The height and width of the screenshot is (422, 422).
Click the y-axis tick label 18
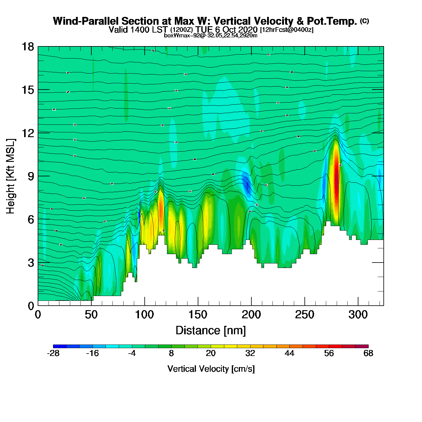coord(27,47)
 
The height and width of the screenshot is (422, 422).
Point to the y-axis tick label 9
coord(31,176)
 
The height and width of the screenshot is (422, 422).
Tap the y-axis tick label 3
coord(31,263)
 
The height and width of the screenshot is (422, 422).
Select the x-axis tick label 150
coord(198,315)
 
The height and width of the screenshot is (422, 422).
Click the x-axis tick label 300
coord(358,315)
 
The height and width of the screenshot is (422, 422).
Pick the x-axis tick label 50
coord(91,315)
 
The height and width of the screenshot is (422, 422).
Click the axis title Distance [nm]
coord(211,331)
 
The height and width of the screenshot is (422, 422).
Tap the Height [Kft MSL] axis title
coord(11,176)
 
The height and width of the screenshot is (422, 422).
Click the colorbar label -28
coord(53,353)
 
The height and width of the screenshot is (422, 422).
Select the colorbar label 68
coord(368,353)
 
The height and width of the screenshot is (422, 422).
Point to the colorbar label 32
coord(250,353)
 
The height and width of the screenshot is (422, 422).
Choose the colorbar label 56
coord(329,353)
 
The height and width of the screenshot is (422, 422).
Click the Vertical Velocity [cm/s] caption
coord(211,369)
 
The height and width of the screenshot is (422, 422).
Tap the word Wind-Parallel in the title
coord(86,21)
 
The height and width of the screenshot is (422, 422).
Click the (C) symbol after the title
coord(364,21)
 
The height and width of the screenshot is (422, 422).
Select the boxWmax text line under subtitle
coord(211,36)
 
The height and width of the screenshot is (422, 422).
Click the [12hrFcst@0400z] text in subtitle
coord(287,30)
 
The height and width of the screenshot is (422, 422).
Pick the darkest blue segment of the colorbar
coord(60,346)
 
